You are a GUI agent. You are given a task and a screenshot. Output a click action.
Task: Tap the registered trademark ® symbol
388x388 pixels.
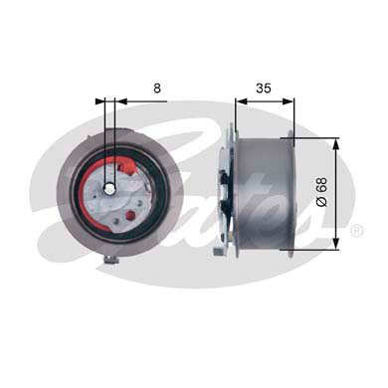(357, 231)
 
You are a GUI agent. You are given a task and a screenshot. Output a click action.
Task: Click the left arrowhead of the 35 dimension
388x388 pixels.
(240, 99)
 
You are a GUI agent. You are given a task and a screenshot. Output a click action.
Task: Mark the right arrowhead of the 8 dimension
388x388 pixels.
(118, 99)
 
